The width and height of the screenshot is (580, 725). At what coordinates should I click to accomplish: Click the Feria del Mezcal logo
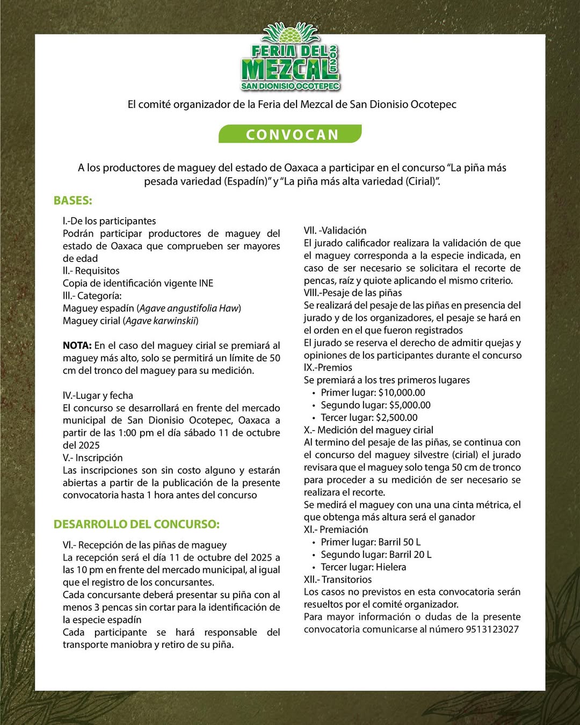point(291,57)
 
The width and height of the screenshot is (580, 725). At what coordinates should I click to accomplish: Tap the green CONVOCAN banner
point(291,134)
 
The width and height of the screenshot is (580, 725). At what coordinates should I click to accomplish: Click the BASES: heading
point(73,201)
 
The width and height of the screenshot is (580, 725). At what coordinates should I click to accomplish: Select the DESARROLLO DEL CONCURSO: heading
point(136,524)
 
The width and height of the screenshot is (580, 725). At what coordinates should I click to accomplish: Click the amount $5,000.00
point(410,405)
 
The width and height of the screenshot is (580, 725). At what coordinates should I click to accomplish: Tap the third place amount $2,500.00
point(396,417)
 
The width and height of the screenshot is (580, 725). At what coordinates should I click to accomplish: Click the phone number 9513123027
point(492,629)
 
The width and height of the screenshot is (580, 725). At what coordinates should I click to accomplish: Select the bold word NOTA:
point(77,345)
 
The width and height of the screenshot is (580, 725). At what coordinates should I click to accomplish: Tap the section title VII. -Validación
point(335,230)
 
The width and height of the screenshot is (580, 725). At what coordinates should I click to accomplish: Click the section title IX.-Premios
point(328,368)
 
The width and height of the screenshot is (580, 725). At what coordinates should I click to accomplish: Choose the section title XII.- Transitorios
point(338,579)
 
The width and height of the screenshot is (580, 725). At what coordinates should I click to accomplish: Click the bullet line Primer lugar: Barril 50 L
point(371,542)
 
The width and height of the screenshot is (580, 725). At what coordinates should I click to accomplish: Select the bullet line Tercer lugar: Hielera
point(363,567)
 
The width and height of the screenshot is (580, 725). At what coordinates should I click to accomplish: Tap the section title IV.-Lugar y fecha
point(98,396)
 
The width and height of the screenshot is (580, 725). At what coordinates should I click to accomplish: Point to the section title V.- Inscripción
point(92,458)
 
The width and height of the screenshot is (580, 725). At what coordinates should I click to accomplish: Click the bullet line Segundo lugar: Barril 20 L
point(376,555)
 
